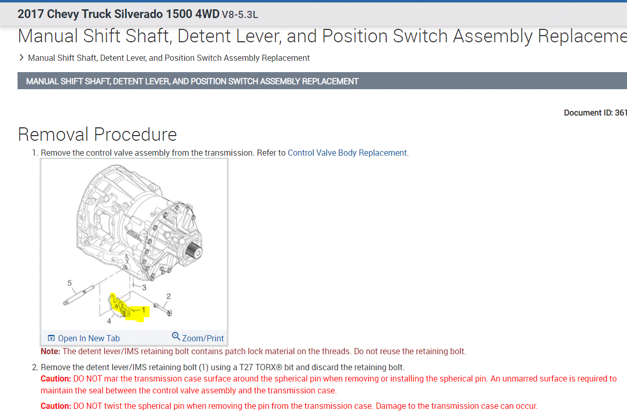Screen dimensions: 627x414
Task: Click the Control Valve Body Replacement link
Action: pos(348,153)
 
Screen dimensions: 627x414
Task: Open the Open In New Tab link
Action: pos(89,338)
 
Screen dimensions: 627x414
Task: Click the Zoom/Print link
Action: pos(203,338)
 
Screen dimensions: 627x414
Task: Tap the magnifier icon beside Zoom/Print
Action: pos(176,337)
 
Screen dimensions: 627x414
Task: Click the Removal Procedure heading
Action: pos(97,135)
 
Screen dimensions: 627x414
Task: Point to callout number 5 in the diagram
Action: pos(69,283)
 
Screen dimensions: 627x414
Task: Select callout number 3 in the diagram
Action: pos(144,287)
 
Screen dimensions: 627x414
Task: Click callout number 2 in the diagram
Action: pos(168,296)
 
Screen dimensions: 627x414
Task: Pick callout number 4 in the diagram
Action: pos(109,321)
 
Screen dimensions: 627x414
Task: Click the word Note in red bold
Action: pos(50,352)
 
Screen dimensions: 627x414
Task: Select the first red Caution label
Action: pos(55,379)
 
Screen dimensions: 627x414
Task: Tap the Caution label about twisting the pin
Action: pos(55,406)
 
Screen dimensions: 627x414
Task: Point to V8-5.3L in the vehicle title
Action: pos(239,14)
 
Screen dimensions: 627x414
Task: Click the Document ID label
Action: pos(588,113)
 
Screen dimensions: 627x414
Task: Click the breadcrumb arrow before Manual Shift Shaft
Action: pos(21,58)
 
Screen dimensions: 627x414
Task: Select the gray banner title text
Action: pos(192,81)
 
